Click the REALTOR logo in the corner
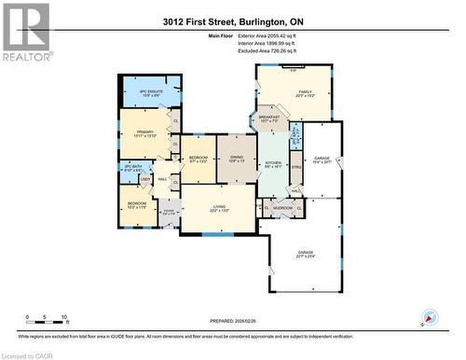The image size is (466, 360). [25, 32]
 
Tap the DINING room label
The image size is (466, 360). [236, 157]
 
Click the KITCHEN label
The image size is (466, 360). [273, 162]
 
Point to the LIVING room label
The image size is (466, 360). [216, 207]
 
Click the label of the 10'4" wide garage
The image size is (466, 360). [322, 159]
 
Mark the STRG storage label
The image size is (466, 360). [296, 166]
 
